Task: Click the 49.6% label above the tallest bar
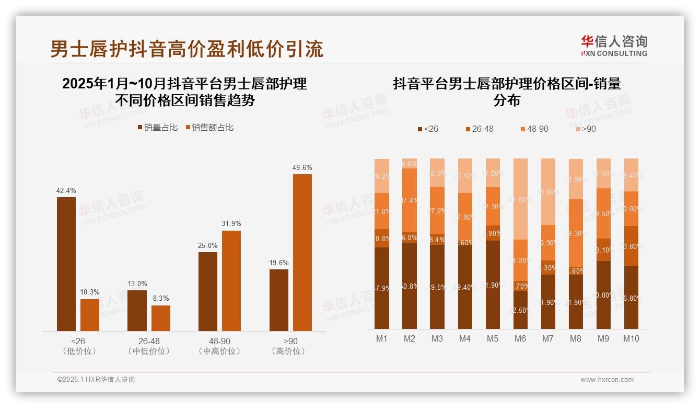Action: (302, 168)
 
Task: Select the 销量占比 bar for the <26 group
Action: (66, 264)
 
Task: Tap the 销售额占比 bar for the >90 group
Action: (302, 252)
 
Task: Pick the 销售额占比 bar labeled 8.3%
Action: (161, 318)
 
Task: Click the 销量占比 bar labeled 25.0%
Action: (208, 291)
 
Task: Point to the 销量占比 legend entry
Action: (157, 128)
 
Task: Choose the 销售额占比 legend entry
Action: (209, 128)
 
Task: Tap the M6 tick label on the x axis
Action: (520, 338)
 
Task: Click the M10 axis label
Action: (631, 338)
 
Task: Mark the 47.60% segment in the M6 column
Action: (520, 199)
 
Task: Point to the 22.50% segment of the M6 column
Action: (520, 310)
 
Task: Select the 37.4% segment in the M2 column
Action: (410, 200)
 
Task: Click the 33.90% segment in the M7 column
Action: (548, 191)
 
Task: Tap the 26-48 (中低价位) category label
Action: (149, 346)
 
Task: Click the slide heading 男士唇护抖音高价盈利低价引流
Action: (186, 49)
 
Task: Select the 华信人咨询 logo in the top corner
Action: (614, 46)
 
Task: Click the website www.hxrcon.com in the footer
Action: (607, 380)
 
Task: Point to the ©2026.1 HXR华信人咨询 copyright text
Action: (96, 380)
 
